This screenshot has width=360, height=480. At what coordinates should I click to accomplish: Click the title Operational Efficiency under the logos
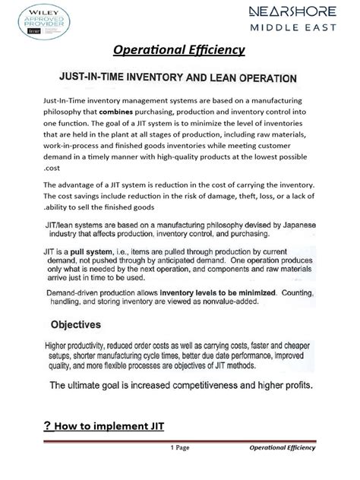point(178,50)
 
